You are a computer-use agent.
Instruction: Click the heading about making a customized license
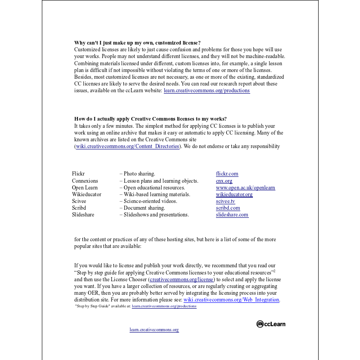[x=137, y=43]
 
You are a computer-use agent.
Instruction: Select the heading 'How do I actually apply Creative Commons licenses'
[x=150, y=119]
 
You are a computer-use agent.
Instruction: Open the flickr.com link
[x=227, y=174]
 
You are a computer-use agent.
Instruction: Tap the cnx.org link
[x=224, y=181]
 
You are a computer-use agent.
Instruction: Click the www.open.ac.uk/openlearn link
[x=245, y=188]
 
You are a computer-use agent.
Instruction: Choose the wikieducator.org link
[x=234, y=194]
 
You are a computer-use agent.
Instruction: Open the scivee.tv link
[x=225, y=201]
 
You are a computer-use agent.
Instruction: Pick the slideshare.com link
[x=232, y=215]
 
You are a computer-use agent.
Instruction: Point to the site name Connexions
[x=85, y=181]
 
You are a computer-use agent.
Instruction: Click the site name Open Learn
[x=85, y=188]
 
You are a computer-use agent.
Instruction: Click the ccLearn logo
[x=271, y=324]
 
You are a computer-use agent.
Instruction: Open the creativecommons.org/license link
[x=182, y=279]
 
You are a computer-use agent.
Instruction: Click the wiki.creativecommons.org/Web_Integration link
[x=231, y=300]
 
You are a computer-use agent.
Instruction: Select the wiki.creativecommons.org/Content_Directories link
[x=127, y=146]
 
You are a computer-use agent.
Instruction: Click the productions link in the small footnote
[x=164, y=306]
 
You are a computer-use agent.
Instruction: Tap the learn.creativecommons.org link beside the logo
[x=154, y=330]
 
